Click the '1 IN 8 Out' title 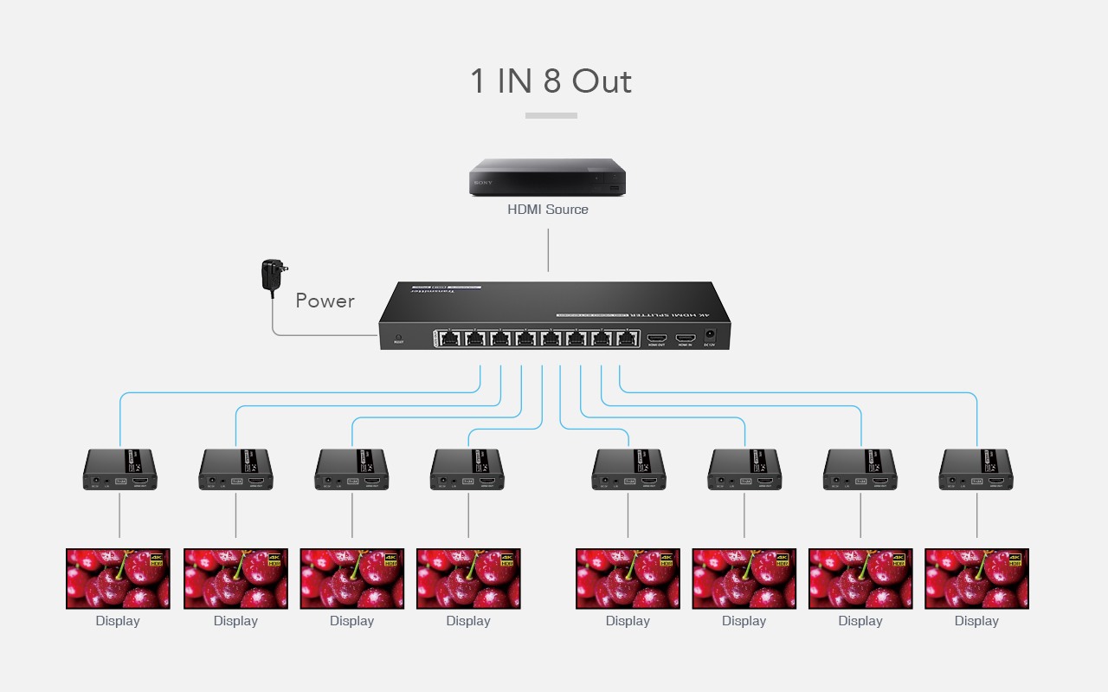[x=551, y=81]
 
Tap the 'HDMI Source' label [x=548, y=210]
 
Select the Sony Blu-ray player [x=547, y=178]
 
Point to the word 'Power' [x=325, y=301]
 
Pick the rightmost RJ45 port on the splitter [x=627, y=338]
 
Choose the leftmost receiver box [x=119, y=470]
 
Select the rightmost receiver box [x=976, y=470]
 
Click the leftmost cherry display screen [x=119, y=579]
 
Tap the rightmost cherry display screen [x=976, y=579]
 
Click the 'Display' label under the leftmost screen [x=118, y=621]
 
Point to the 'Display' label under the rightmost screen [x=976, y=621]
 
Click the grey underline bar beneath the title [x=551, y=115]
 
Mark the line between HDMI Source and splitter [x=548, y=250]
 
